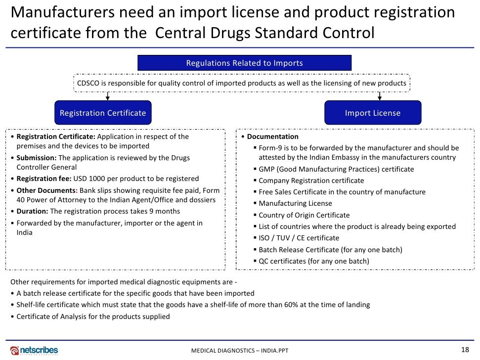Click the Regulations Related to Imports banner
pos(244,63)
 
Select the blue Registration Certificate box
pos(103,113)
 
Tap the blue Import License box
pos(373,113)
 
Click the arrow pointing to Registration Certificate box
pos(108,96)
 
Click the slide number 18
pos(464,350)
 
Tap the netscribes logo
pos(34,350)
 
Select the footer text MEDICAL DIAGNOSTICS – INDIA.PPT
pos(240,351)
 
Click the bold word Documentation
pos(273,136)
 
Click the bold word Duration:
pos(32,211)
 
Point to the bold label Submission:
pos(37,158)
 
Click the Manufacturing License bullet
pos(295,203)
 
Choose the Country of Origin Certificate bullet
pos(304,215)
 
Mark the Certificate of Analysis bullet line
pos(93,316)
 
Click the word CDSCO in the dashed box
pos(88,83)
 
